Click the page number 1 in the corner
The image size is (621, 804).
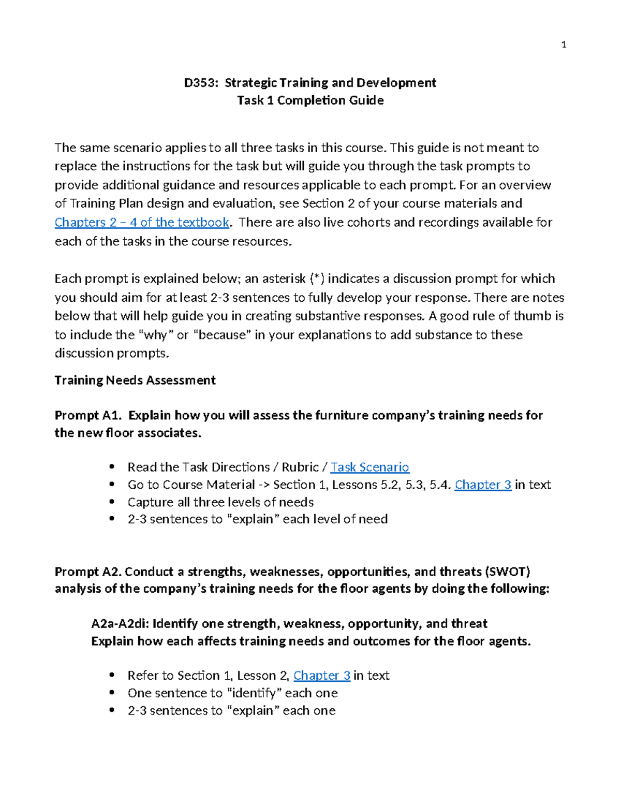point(564,45)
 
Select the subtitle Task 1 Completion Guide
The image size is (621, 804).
point(310,100)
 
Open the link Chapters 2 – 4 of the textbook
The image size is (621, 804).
point(142,223)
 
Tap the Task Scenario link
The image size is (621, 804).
point(369,467)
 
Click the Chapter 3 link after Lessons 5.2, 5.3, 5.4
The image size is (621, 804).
point(483,485)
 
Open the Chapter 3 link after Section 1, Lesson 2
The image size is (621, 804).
point(322,676)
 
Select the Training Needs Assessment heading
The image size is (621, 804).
point(135,381)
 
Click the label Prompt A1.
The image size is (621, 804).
point(88,416)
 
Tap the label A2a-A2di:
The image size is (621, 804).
point(120,624)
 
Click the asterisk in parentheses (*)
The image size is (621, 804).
point(317,279)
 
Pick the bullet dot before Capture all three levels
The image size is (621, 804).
point(112,502)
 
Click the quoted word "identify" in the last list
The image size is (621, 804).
point(254,693)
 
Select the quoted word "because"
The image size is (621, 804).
point(222,335)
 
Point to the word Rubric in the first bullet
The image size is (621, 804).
point(300,467)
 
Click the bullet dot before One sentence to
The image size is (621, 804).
point(112,693)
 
